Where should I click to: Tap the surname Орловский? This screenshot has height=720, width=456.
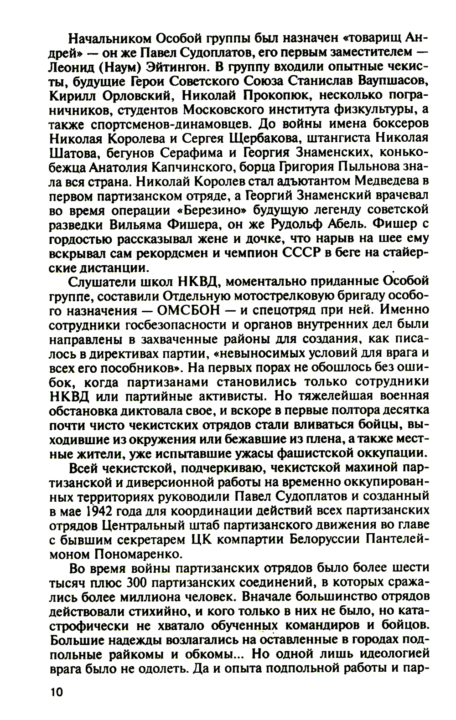139,96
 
